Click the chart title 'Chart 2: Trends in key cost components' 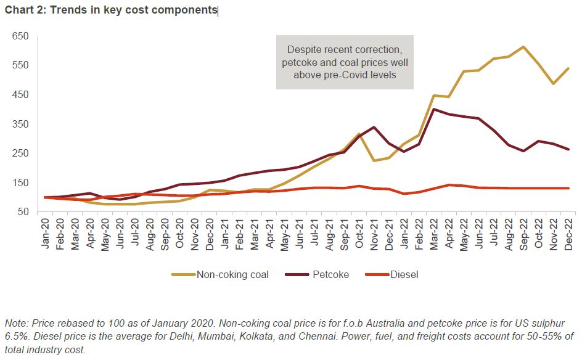pos(112,10)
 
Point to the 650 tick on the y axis pos(20,36)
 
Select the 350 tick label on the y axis pos(20,124)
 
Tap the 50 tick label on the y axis pos(23,212)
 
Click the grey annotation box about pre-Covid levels pos(345,63)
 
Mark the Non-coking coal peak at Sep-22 pos(523,47)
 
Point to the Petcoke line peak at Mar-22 pos(435,109)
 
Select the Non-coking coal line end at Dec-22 pos(568,68)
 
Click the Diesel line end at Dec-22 pos(568,188)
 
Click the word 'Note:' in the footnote pos(17,323)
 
